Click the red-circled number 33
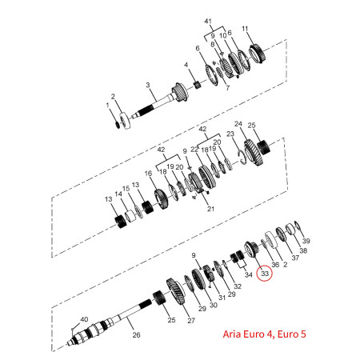265,274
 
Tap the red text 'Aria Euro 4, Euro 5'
264,334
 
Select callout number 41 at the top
208,21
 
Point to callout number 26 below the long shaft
136,334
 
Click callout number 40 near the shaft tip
84,319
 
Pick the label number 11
245,29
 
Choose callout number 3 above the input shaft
148,85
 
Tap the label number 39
306,241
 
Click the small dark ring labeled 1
118,124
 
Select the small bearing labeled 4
198,86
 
